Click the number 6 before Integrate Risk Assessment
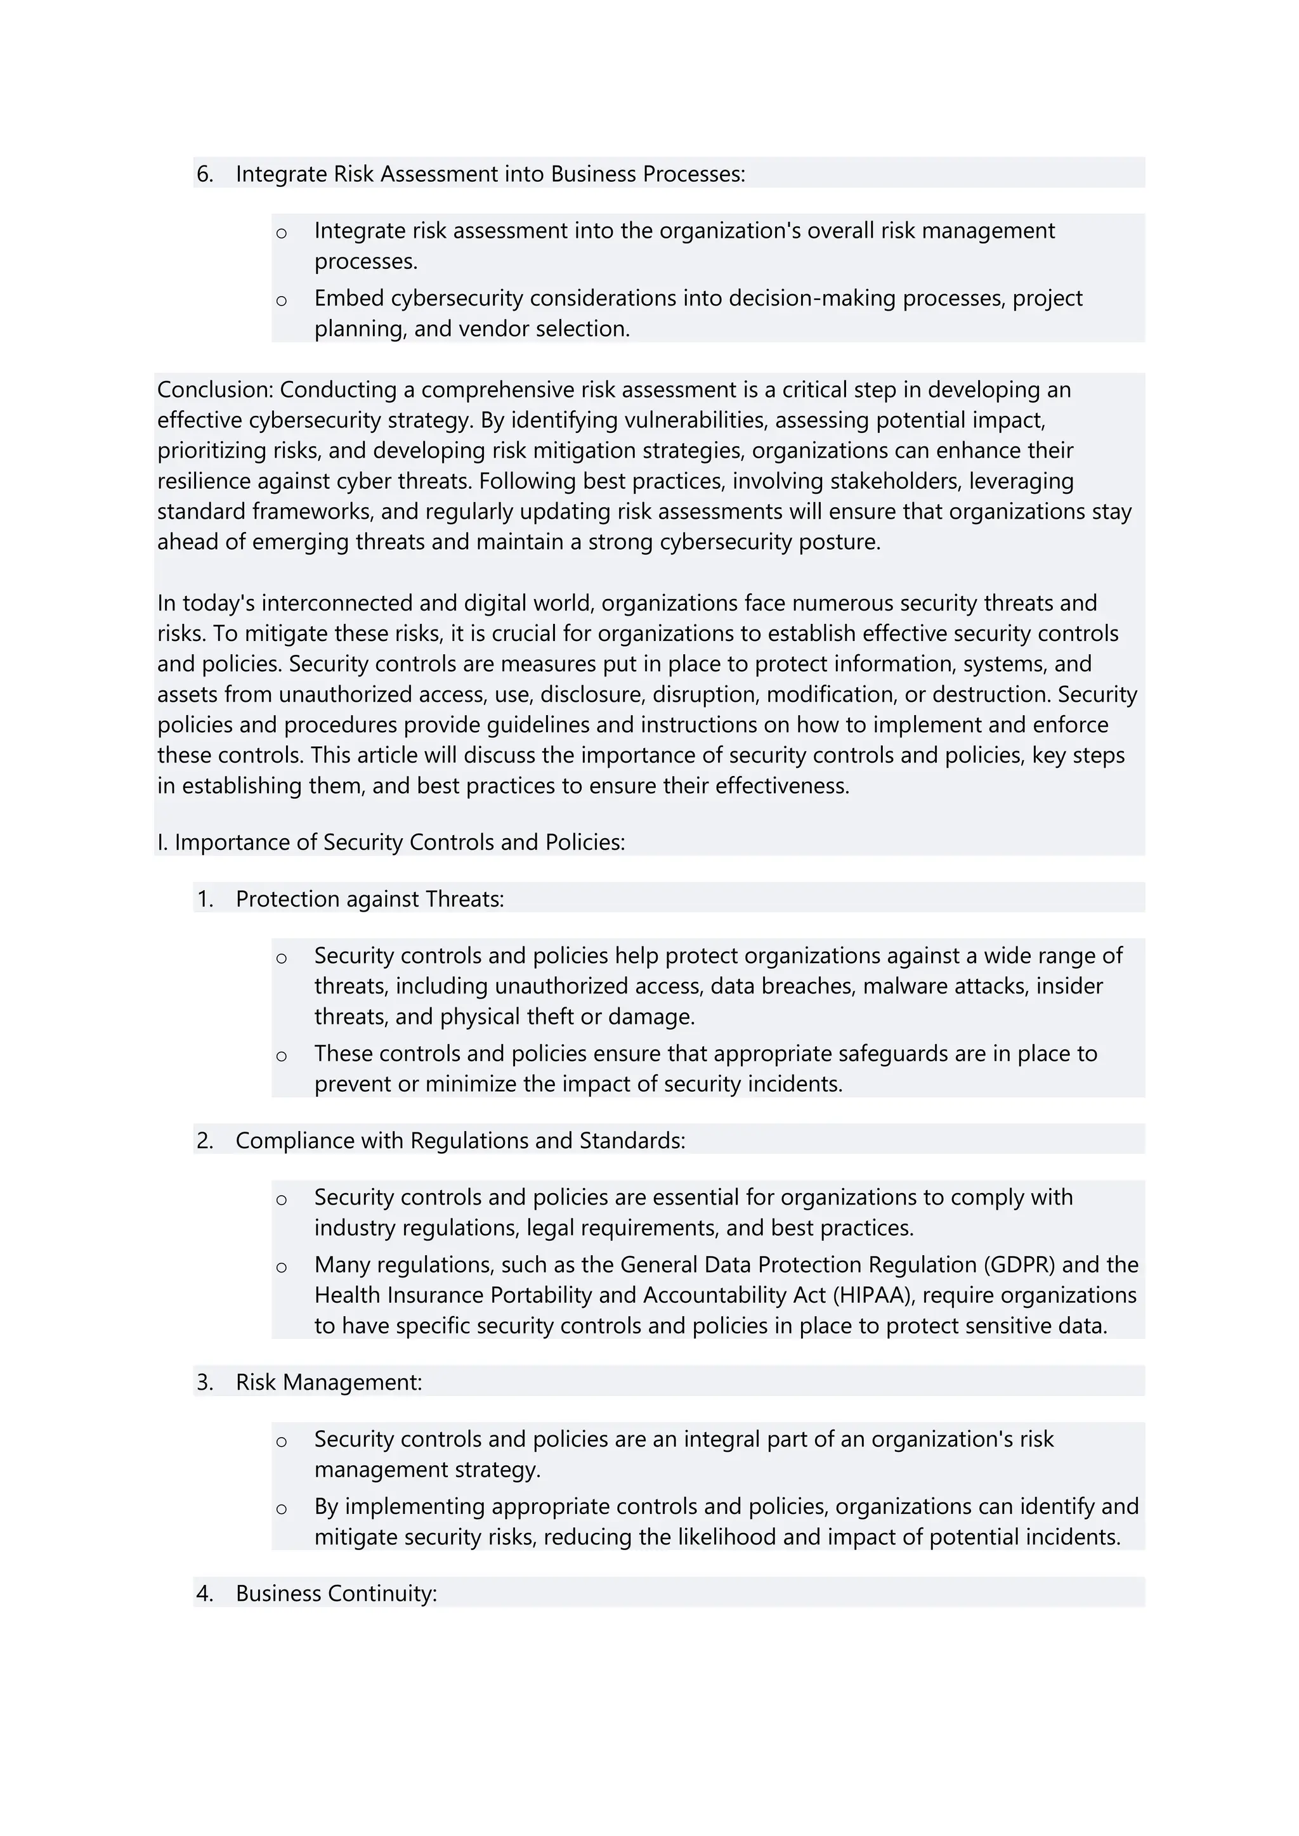pyautogui.click(x=204, y=174)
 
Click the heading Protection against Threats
pyautogui.click(x=370, y=900)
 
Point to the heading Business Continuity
pyautogui.click(x=336, y=1594)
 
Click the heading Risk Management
pyautogui.click(x=328, y=1383)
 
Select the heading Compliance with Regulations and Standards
pyautogui.click(x=460, y=1141)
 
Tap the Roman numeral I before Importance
pyautogui.click(x=160, y=843)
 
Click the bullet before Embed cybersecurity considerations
pyautogui.click(x=282, y=301)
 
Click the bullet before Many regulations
pyautogui.click(x=282, y=1267)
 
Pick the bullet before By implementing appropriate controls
pyautogui.click(x=282, y=1509)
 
